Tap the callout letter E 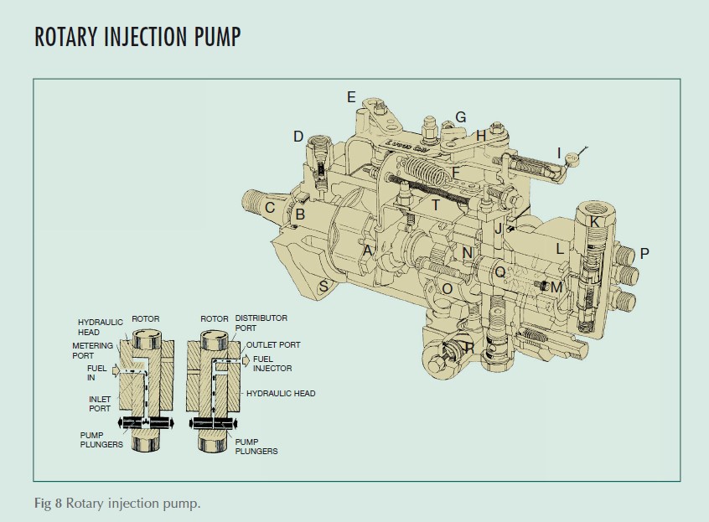coord(352,97)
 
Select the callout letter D coord(298,136)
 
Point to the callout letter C coord(270,208)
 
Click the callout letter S coord(323,287)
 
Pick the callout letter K coord(594,222)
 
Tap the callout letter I coord(559,152)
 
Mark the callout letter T coord(435,205)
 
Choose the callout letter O coord(447,288)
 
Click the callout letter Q coord(499,271)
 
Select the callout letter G coord(460,116)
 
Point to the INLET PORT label coord(100,403)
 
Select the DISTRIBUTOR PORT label coord(261,323)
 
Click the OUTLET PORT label coord(273,344)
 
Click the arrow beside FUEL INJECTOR coord(246,361)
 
